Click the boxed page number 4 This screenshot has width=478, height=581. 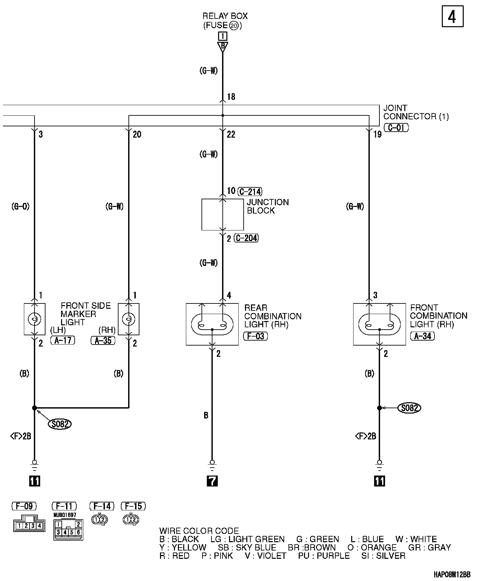pyautogui.click(x=452, y=17)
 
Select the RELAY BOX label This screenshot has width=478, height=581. pyautogui.click(x=225, y=16)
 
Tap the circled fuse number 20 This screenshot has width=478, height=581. pyautogui.click(x=234, y=26)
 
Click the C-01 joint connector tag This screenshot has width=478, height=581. pyautogui.click(x=396, y=128)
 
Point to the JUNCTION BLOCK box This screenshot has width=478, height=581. pyautogui.click(x=222, y=215)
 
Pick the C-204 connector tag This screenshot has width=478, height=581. pyautogui.click(x=246, y=238)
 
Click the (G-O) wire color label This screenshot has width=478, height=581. pyautogui.click(x=20, y=207)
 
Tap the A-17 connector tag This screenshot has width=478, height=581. pyautogui.click(x=63, y=340)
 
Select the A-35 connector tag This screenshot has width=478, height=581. pyautogui.click(x=103, y=340)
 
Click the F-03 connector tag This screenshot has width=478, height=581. pyautogui.click(x=256, y=336)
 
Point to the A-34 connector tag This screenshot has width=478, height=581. pyautogui.click(x=423, y=336)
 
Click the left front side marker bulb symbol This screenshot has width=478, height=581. pyautogui.click(x=34, y=319)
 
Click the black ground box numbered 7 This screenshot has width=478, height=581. pyautogui.click(x=212, y=481)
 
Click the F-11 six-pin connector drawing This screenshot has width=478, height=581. pyautogui.click(x=68, y=530)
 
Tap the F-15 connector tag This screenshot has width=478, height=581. pyautogui.click(x=133, y=506)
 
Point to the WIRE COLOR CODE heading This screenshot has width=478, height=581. pyautogui.click(x=199, y=531)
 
